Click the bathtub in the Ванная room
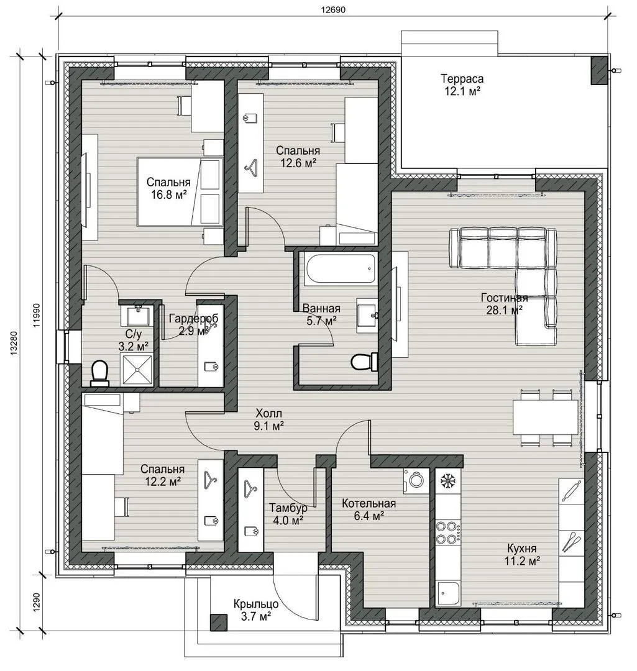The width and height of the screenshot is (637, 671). (x=341, y=268)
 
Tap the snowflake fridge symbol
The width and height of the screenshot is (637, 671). (x=447, y=482)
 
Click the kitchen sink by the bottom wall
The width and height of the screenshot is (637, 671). (x=447, y=595)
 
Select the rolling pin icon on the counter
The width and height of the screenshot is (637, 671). (x=572, y=490)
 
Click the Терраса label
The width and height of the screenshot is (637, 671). (x=462, y=79)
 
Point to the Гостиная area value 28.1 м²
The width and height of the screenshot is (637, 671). (x=504, y=310)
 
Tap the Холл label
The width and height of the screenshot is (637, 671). (x=269, y=413)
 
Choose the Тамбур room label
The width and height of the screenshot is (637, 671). (x=288, y=508)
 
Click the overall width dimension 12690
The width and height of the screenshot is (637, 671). (x=334, y=10)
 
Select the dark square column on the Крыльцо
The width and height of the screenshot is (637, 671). (x=218, y=622)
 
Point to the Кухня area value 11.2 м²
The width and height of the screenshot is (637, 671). (x=522, y=560)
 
